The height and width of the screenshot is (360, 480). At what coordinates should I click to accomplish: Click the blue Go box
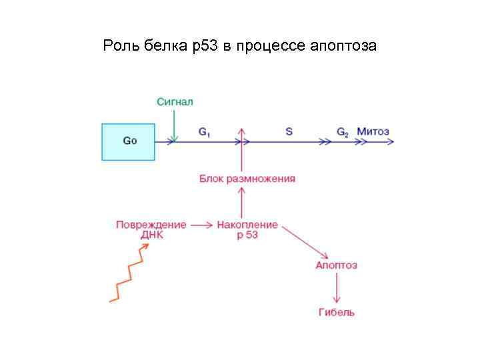click(x=129, y=141)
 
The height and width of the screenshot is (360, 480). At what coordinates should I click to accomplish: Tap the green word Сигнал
click(x=175, y=102)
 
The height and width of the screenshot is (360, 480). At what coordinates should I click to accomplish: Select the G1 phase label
click(x=205, y=132)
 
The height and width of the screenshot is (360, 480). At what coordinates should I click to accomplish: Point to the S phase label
click(x=289, y=132)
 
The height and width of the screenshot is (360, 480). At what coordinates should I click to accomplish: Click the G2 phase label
click(x=342, y=132)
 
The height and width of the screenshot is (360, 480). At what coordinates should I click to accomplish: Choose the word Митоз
click(x=373, y=131)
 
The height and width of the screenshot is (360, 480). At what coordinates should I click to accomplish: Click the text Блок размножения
click(x=247, y=179)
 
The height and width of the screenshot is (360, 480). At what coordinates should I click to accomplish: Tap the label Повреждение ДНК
click(x=151, y=229)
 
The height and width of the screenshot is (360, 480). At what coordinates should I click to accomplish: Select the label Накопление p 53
click(x=247, y=229)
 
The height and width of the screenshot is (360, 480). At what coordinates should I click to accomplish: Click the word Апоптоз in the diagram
click(x=336, y=265)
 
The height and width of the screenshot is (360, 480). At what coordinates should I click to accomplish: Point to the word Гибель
click(x=337, y=311)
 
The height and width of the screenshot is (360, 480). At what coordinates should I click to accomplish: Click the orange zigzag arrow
click(x=129, y=273)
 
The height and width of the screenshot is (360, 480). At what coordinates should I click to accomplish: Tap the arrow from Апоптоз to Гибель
click(x=337, y=288)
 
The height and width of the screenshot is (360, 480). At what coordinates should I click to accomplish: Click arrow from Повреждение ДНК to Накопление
click(x=201, y=225)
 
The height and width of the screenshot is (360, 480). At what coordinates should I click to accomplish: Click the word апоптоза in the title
click(x=343, y=47)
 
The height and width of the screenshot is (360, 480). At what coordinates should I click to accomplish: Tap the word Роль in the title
click(x=119, y=46)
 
